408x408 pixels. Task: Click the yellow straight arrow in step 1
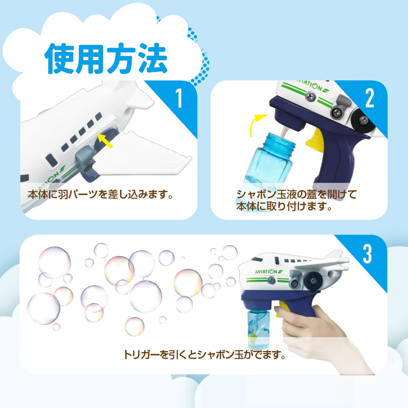pos(105,140)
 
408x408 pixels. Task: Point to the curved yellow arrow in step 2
pos(257,125)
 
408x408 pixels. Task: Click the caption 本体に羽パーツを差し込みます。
pos(100,194)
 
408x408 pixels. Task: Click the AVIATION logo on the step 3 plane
pos(269,271)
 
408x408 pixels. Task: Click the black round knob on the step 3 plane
pos(313,281)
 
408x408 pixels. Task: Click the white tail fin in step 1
pos(137,95)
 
